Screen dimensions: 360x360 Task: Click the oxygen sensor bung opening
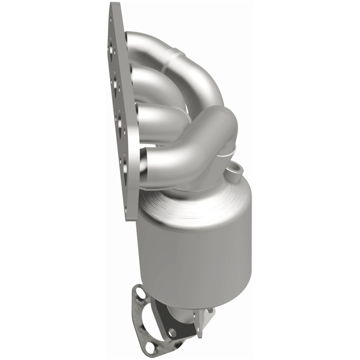(x=235, y=169)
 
